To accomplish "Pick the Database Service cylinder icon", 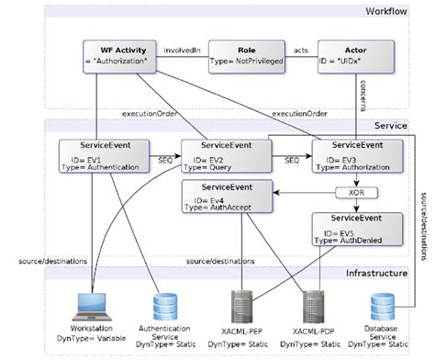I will pos(384,306).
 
